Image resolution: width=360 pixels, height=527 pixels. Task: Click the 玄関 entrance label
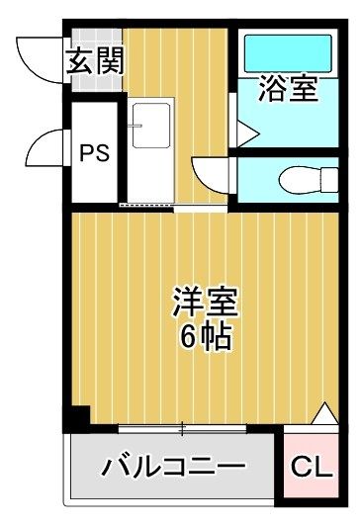pyautogui.click(x=95, y=62)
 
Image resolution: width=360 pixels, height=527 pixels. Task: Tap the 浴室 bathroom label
pyautogui.click(x=288, y=89)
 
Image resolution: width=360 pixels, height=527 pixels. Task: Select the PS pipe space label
pyautogui.click(x=95, y=153)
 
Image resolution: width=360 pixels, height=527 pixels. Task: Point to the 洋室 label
pyautogui.click(x=206, y=302)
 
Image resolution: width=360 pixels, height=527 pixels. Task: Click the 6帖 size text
pyautogui.click(x=206, y=337)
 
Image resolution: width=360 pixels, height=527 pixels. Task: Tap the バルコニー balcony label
pyautogui.click(x=174, y=466)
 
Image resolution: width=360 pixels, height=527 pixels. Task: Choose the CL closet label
pyautogui.click(x=312, y=466)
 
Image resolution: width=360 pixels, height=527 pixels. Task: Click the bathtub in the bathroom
pyautogui.click(x=288, y=53)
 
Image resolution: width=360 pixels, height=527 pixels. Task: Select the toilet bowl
pyautogui.click(x=309, y=180)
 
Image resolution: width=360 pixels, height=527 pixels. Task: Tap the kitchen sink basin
pyautogui.click(x=151, y=126)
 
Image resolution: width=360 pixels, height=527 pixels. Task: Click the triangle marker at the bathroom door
pyautogui.click(x=247, y=134)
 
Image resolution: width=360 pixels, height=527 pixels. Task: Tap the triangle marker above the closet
pyautogui.click(x=324, y=413)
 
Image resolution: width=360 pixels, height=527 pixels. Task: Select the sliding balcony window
pyautogui.click(x=183, y=428)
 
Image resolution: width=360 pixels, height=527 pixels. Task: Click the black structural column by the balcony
pyautogui.click(x=77, y=419)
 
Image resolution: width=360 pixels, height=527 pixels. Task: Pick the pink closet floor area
pyautogui.click(x=311, y=466)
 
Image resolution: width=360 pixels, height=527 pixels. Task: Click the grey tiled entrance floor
pyautogui.click(x=97, y=60)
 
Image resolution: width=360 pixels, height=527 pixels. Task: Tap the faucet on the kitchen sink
pyautogui.click(x=135, y=126)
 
